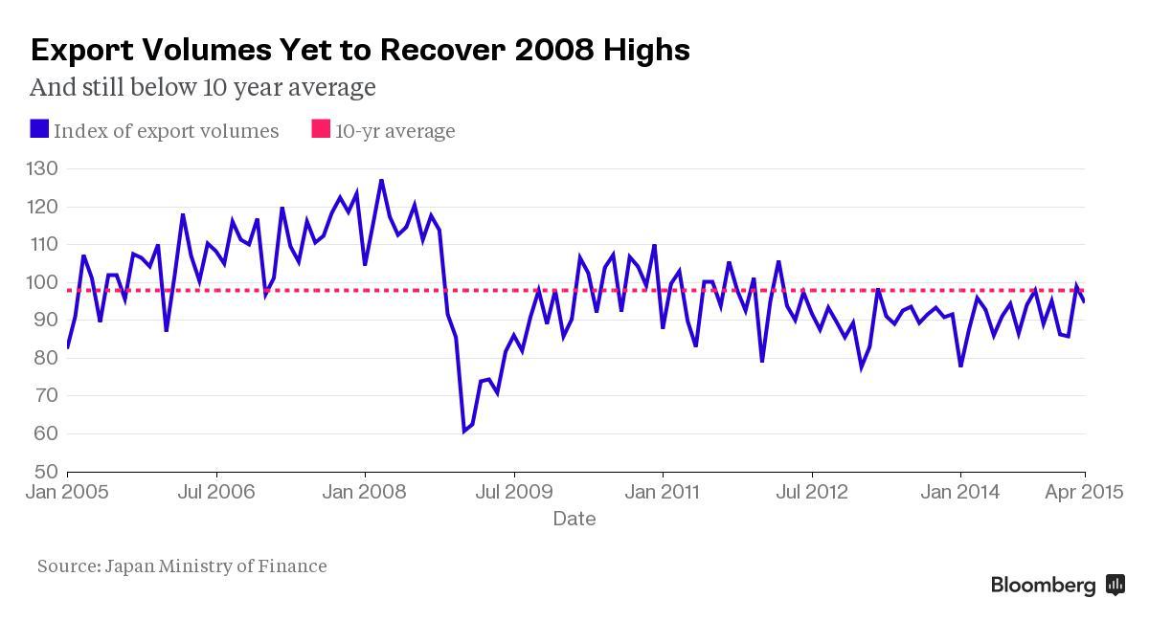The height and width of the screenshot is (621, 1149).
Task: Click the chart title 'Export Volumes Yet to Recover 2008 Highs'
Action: point(360,50)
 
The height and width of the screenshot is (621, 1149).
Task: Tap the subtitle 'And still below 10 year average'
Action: point(202,87)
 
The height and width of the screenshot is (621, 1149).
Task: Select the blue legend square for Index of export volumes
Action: point(39,129)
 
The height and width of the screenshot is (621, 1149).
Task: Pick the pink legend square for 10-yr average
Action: point(321,129)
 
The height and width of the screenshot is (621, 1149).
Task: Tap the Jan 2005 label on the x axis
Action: point(67,492)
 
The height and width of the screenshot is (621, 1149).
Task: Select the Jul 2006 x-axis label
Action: point(216,492)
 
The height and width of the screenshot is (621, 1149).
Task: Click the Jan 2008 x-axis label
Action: point(365,492)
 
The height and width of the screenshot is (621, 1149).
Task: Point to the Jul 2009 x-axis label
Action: point(514,492)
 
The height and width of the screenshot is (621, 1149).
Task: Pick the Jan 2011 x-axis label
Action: point(663,492)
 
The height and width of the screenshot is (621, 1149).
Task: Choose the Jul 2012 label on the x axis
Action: point(812,492)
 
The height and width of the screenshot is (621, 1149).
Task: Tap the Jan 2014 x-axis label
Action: point(960,492)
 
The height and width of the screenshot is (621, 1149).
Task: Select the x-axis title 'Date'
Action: point(574,519)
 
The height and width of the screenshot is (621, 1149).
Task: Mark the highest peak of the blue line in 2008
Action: point(381,180)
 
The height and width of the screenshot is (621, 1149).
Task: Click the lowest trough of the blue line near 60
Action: point(464,431)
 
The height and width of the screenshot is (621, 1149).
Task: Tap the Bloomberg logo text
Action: point(1043,586)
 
